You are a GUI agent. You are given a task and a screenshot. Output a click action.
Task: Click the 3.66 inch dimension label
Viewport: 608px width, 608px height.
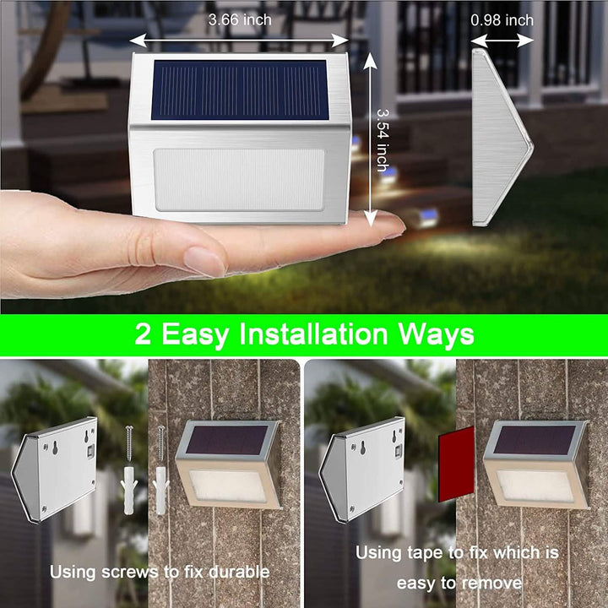(x=240, y=19)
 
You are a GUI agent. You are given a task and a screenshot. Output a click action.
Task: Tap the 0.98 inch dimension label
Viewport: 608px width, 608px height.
(x=502, y=19)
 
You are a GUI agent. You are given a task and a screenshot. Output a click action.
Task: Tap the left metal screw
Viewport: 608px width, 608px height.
(x=129, y=444)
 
